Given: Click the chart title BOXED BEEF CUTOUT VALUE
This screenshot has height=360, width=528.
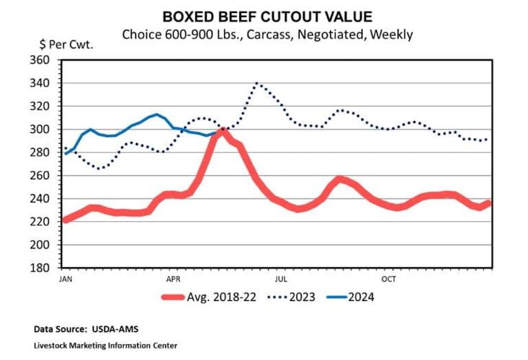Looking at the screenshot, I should (267, 17).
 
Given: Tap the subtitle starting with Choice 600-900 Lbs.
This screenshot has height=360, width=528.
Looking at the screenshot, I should (267, 34).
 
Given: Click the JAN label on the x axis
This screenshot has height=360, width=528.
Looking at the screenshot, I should (65, 278).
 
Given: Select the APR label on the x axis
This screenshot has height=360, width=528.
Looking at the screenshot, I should (174, 278).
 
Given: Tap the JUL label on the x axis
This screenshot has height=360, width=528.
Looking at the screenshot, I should (282, 278).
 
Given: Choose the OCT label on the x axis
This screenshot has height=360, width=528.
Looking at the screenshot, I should (390, 278).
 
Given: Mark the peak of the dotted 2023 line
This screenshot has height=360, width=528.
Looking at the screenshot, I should (257, 84).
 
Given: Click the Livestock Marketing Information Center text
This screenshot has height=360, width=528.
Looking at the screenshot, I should (105, 346).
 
